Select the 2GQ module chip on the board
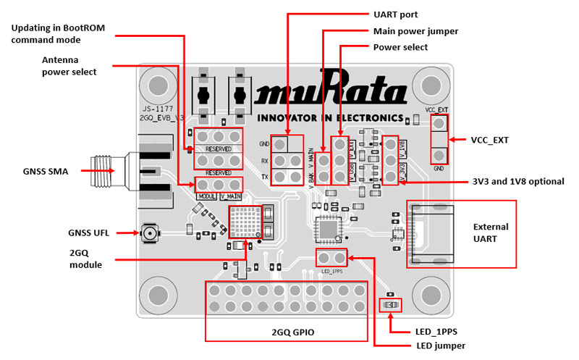[x=244, y=222]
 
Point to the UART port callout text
[x=395, y=14]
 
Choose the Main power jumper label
[x=415, y=31]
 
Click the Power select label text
[x=400, y=48]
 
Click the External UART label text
[x=490, y=233]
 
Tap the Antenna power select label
[x=69, y=66]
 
